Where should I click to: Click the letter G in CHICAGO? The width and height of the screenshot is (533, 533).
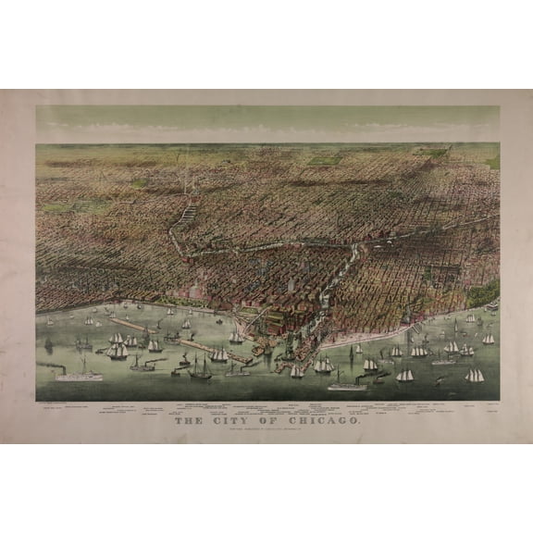point(343,421)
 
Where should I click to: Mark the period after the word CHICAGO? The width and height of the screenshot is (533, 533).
point(361,423)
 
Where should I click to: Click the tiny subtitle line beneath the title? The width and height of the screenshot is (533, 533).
point(266,430)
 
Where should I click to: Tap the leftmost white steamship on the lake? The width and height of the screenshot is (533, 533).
point(79,375)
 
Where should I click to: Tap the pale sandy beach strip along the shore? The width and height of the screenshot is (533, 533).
point(379,337)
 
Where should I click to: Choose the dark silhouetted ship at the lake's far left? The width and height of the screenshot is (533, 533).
point(49,344)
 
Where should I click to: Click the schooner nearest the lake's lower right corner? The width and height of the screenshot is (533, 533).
point(475,377)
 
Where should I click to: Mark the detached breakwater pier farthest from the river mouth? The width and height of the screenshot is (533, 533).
point(130,324)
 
